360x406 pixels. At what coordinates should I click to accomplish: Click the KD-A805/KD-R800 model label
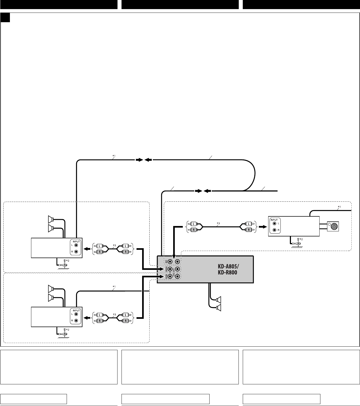tap(227, 270)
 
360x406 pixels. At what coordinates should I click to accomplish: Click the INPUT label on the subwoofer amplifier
tap(274, 220)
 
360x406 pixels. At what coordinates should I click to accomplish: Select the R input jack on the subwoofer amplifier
tap(274, 230)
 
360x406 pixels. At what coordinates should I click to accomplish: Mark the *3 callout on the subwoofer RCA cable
tap(218, 223)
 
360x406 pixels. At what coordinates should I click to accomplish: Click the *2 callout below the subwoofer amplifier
tap(301, 239)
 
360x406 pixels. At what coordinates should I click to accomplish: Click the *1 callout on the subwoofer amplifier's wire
tap(339, 207)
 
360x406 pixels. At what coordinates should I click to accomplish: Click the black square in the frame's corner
tap(5, 18)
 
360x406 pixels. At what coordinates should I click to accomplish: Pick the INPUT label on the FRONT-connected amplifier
tap(77, 242)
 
